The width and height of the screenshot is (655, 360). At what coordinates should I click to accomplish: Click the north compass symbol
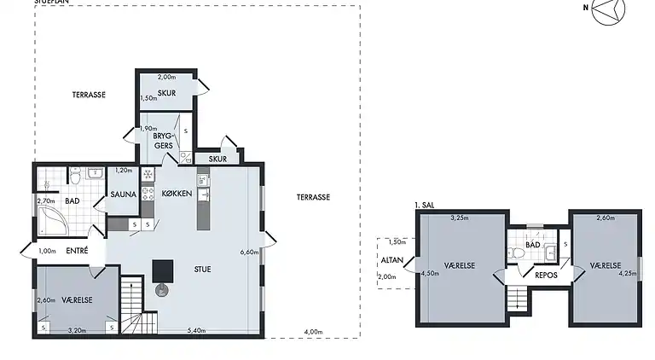tap(607, 11)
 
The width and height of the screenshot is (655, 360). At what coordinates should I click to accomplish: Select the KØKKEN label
tap(177, 195)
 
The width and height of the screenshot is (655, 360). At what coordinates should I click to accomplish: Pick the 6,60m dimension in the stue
tap(249, 253)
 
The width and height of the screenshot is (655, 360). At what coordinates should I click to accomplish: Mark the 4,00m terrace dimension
tap(313, 331)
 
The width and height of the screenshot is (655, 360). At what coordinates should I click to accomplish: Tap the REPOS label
tap(546, 275)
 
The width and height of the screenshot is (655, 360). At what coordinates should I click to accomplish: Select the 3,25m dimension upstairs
tap(458, 218)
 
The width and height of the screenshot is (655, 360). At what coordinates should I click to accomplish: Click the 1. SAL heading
tap(423, 205)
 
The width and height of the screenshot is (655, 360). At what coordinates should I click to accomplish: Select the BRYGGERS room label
tap(164, 140)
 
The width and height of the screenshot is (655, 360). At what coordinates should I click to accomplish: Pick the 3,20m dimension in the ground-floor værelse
tap(77, 330)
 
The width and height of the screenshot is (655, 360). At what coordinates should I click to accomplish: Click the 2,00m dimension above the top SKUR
tap(166, 77)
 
